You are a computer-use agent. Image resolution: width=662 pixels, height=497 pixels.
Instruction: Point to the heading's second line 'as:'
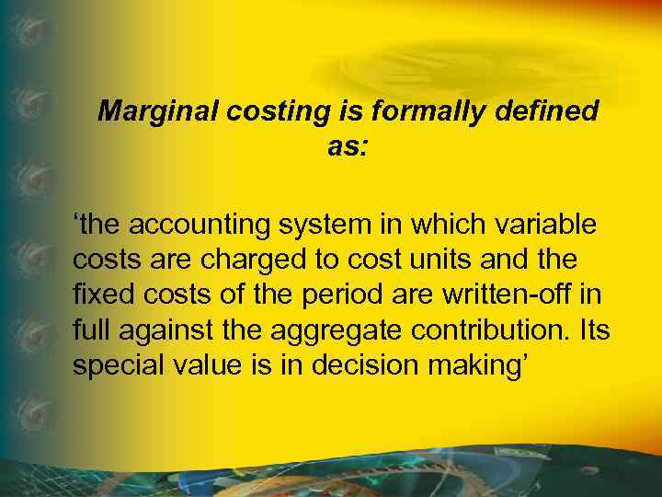348,146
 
